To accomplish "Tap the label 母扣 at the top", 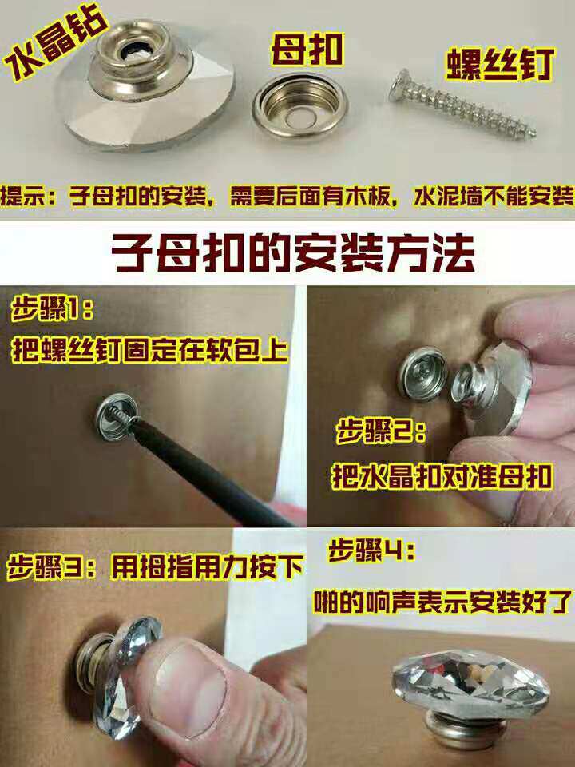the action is (x=307, y=50).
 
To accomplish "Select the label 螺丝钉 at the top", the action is (x=500, y=64).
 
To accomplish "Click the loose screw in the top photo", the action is (x=462, y=104).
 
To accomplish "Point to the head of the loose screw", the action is (x=399, y=85).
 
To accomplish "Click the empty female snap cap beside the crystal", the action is (x=299, y=106).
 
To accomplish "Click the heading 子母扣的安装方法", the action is (x=293, y=253).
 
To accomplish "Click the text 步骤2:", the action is (x=380, y=431).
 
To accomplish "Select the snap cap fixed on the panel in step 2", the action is (x=422, y=374).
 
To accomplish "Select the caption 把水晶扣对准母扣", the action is (x=442, y=476).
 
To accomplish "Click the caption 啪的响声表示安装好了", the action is (x=442, y=602).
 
